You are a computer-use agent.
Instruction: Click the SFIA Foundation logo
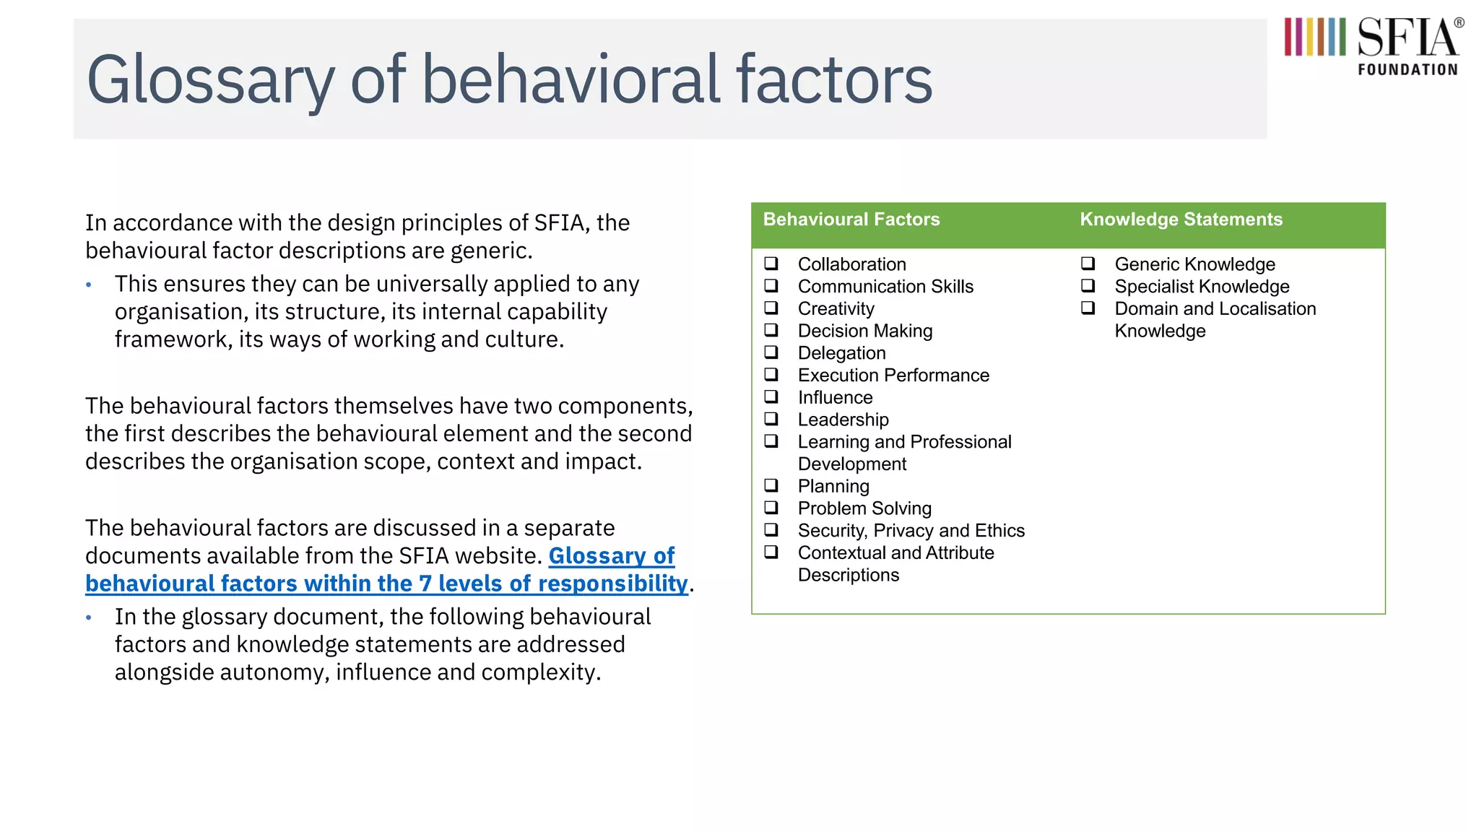coord(1373,46)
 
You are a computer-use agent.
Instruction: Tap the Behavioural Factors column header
coord(851,220)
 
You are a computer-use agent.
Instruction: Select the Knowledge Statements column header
coord(1181,220)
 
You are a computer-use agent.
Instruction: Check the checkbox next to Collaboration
coord(771,264)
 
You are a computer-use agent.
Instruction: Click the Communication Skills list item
coord(885,287)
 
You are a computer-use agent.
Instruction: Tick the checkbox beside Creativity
coord(771,308)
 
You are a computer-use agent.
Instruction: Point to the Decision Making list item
coord(864,331)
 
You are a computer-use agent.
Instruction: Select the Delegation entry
coord(841,353)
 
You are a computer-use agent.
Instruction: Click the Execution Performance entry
coord(893,376)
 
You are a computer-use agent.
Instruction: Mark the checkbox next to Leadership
coord(771,419)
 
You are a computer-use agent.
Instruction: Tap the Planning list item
coord(833,486)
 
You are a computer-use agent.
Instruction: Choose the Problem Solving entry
coord(864,508)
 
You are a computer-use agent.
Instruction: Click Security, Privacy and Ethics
coord(911,531)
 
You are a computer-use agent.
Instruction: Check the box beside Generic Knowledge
coord(1088,264)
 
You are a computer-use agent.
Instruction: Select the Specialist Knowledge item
coord(1201,287)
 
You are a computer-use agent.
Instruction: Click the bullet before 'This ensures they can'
coord(89,285)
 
